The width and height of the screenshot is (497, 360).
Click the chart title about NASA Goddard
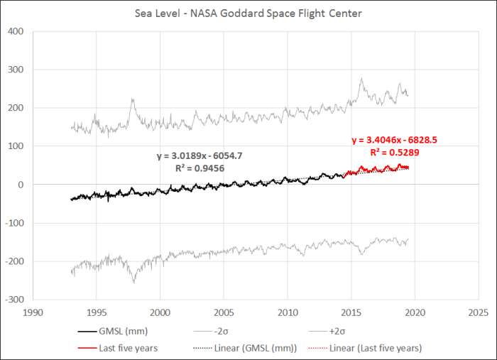pos(248,13)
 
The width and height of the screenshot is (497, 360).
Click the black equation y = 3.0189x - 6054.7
pos(202,156)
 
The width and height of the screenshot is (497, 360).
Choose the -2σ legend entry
pos(244,331)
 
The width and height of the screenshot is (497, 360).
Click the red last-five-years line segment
pos(376,169)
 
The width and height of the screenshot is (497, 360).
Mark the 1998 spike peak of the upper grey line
pos(133,100)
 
